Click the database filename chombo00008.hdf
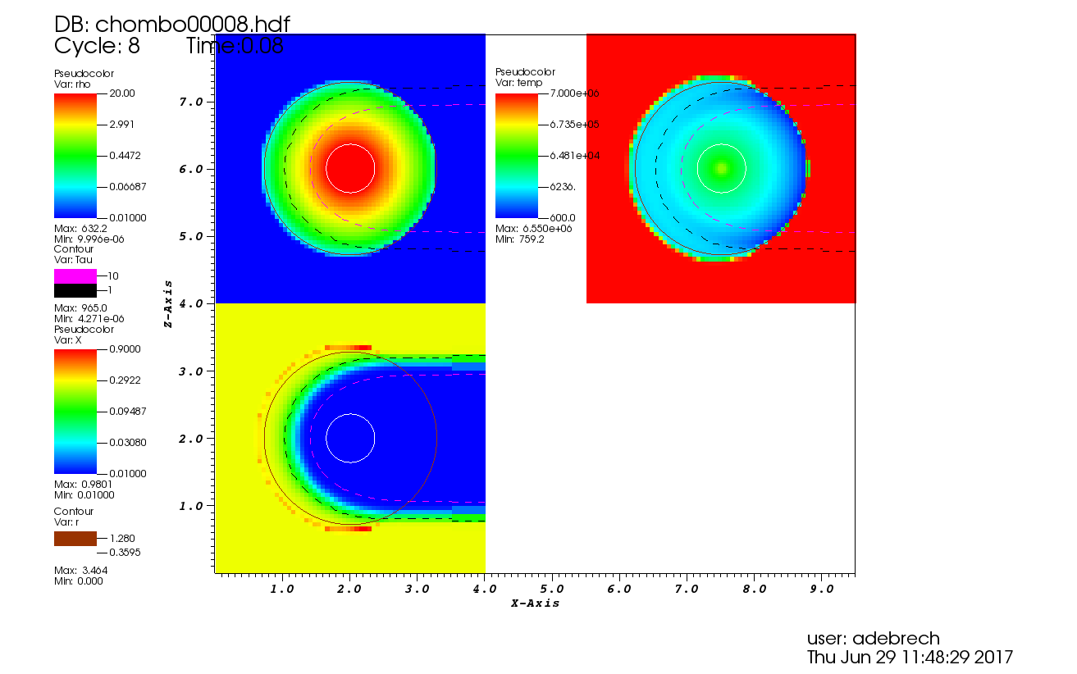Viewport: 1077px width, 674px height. click(x=193, y=25)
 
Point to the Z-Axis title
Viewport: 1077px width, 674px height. click(x=168, y=303)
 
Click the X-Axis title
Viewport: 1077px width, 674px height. click(x=535, y=603)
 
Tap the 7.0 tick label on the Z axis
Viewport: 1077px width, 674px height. click(x=191, y=102)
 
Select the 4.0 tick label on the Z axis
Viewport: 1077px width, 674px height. click(x=191, y=303)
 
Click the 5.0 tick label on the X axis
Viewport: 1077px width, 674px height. click(x=552, y=589)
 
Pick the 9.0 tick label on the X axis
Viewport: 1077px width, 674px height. click(x=821, y=589)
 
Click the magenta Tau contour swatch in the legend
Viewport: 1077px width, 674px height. click(x=75, y=276)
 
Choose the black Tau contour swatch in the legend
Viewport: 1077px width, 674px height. click(x=75, y=290)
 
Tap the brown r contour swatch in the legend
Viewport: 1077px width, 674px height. click(x=75, y=539)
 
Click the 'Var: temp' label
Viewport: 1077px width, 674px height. click(x=518, y=83)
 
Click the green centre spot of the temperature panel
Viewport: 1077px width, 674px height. click(x=721, y=168)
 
